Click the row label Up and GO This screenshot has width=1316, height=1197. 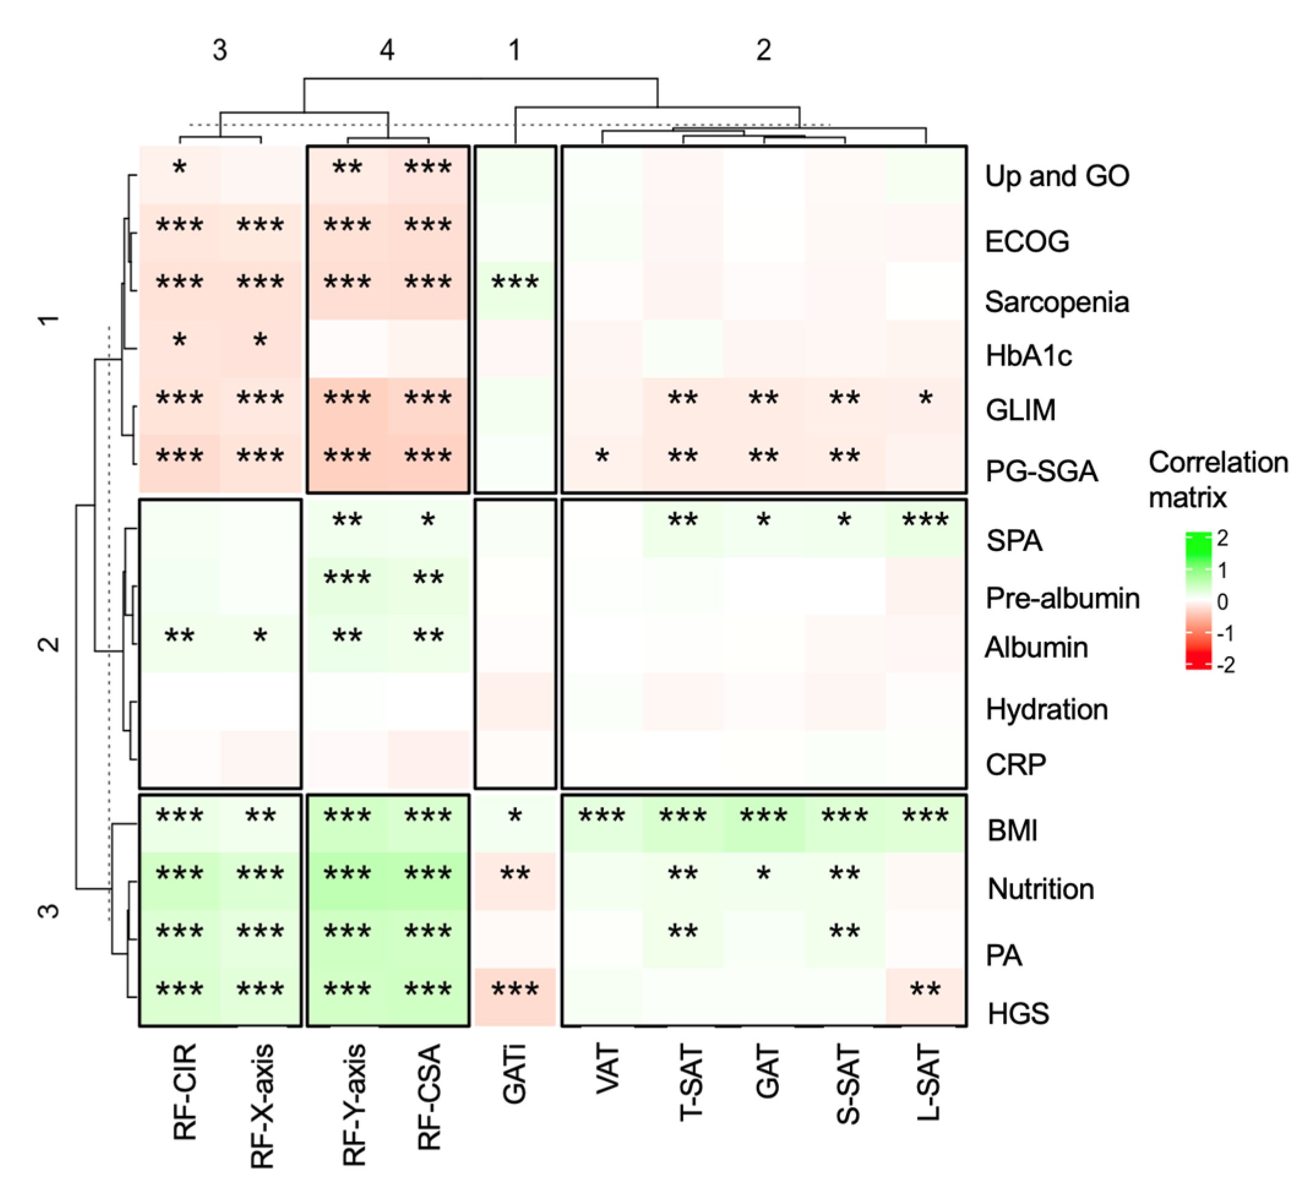pos(1057,176)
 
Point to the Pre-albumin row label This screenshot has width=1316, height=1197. pos(1062,598)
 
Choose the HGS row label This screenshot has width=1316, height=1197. pos(1018,1013)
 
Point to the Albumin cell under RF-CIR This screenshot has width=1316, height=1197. pos(179,644)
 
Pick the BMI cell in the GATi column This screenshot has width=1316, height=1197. pos(515,823)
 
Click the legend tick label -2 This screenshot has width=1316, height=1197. pos(1225,665)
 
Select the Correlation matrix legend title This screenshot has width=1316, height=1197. pos(1218,479)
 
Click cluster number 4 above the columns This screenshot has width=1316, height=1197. pos(387,50)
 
